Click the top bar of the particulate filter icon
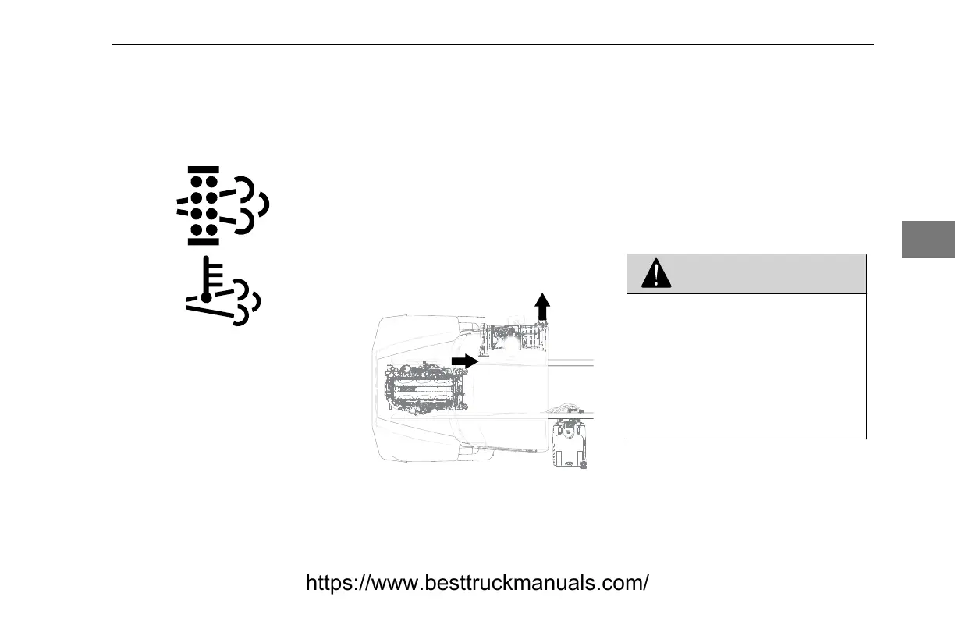point(203,169)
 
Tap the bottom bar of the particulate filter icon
point(203,240)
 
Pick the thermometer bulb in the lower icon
point(205,298)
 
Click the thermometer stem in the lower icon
point(206,275)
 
